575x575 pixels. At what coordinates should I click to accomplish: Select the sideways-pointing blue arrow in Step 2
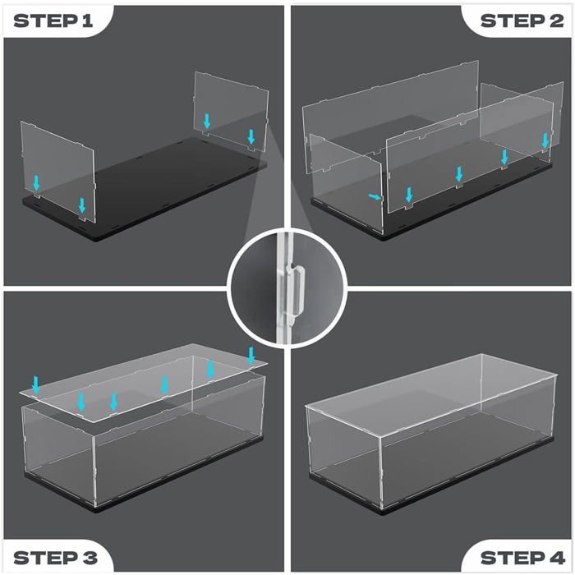coord(375,197)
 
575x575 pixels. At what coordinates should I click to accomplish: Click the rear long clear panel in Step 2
coord(386,103)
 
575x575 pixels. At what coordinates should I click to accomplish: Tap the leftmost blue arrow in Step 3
coord(35,383)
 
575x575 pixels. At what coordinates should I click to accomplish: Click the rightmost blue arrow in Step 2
coord(545,141)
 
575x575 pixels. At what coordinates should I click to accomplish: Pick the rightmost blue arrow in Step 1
coord(251,136)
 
